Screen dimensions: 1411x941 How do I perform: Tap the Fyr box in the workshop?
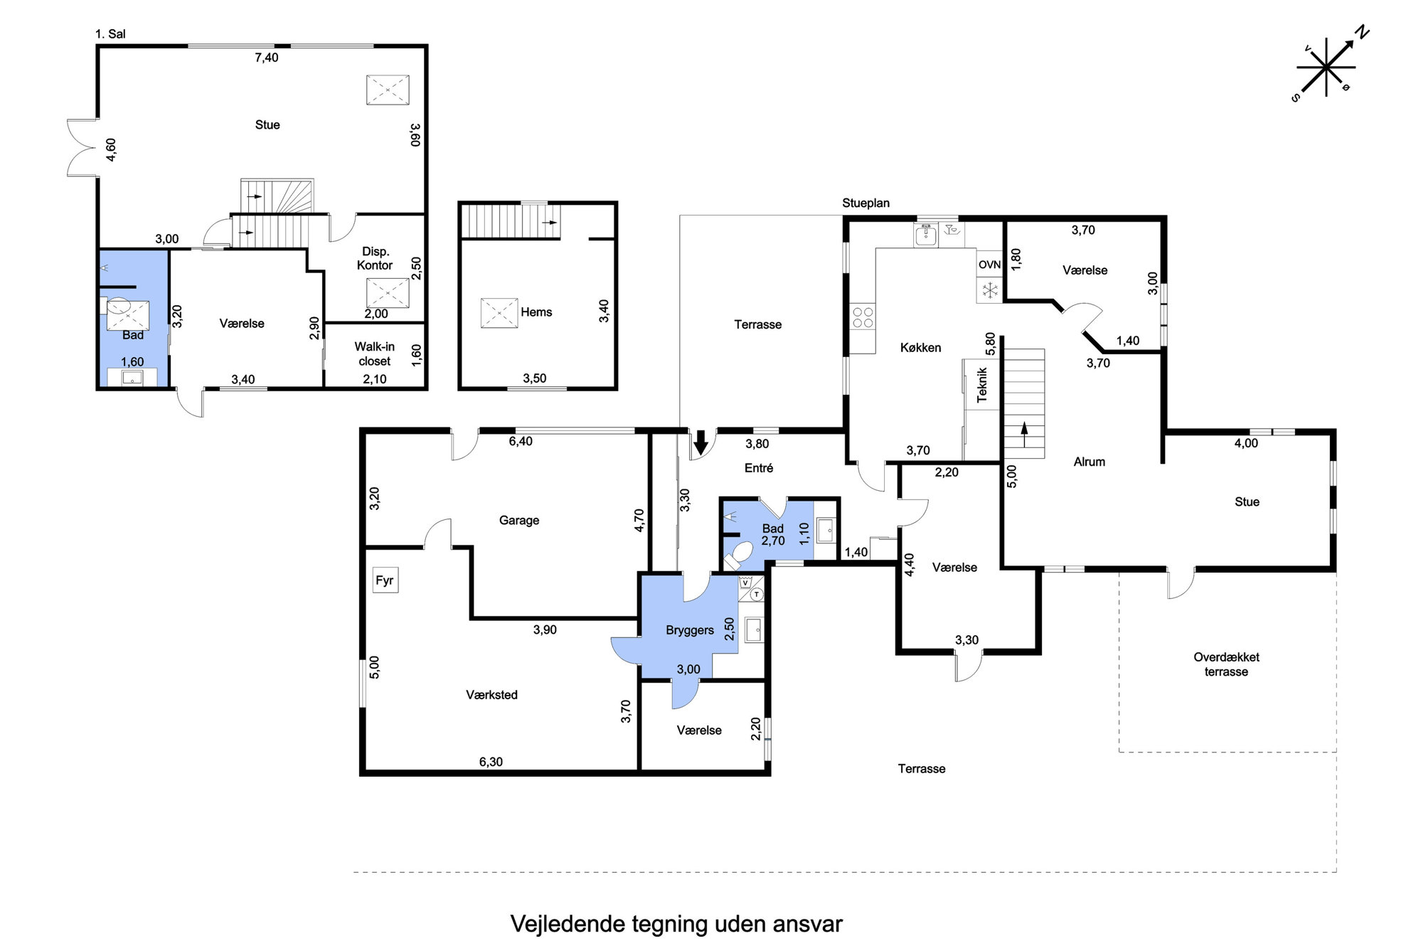tap(385, 580)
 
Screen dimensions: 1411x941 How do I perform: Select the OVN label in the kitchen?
tap(989, 265)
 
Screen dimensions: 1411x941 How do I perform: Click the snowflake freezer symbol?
tap(989, 290)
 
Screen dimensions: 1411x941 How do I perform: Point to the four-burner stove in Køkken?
tap(863, 317)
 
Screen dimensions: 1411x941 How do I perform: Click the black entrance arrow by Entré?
tap(701, 442)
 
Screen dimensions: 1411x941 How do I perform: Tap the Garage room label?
tap(519, 521)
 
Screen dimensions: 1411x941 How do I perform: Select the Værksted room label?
tap(491, 695)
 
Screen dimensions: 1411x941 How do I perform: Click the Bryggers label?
tap(690, 630)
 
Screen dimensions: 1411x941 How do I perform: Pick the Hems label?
tap(536, 312)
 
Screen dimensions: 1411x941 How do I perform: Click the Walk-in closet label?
tap(375, 354)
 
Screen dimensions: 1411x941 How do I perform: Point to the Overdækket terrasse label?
tap(1226, 664)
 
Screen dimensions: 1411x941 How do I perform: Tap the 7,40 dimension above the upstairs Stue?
tap(267, 58)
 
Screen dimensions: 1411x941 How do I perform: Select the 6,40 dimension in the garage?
tap(521, 441)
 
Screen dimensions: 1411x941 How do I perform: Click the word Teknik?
tap(982, 385)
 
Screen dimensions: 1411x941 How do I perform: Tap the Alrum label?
tap(1090, 462)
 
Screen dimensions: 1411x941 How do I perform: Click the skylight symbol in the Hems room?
tap(499, 313)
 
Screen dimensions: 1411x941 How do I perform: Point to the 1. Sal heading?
tap(110, 34)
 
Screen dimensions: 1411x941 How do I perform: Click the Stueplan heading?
tap(866, 203)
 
